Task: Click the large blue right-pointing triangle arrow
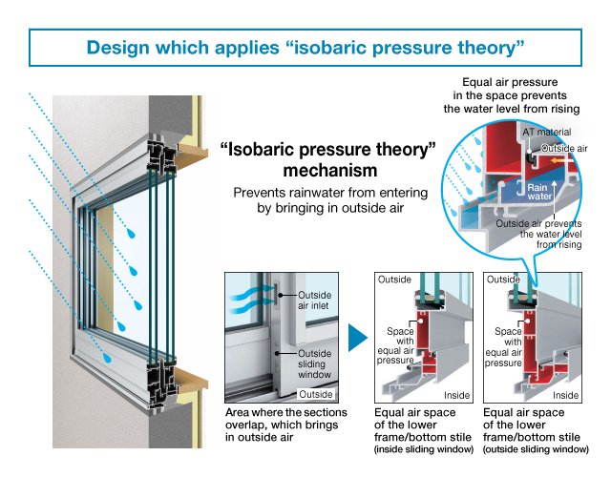[355, 337]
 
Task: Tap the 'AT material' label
[546, 132]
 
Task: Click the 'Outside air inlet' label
[315, 301]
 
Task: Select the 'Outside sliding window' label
[315, 362]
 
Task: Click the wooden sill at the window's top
[190, 150]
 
